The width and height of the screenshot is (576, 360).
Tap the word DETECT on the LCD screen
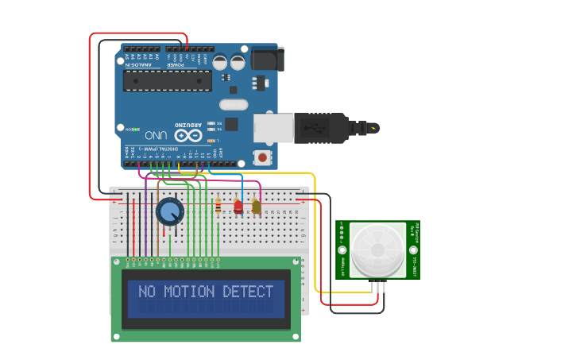point(248,292)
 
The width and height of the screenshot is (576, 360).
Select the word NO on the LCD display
point(147,292)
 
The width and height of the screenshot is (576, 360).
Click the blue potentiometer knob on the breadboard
point(170,211)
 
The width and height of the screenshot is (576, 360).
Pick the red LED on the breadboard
point(238,207)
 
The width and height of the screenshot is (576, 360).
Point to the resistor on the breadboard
point(218,207)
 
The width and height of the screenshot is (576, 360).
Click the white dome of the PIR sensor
point(378,248)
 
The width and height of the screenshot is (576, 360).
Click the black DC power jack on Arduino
point(266,59)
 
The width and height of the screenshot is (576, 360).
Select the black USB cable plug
point(322,128)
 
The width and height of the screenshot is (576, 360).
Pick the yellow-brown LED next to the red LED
point(256,207)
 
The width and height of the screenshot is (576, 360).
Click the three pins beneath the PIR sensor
point(378,285)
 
